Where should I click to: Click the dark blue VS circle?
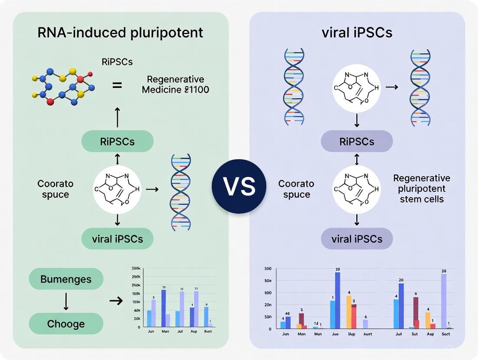point(239,186)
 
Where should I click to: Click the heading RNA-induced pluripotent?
point(120,33)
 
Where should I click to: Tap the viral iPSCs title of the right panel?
point(357,33)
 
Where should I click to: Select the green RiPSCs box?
point(117,141)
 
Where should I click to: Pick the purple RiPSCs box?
point(357,141)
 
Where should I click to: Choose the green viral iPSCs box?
point(117,238)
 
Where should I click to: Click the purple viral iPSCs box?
point(357,239)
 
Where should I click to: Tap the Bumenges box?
point(66,279)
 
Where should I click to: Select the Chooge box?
point(66,324)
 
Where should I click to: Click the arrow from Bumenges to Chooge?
point(66,301)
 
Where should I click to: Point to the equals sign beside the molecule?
point(117,85)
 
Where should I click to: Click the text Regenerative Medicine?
point(175,85)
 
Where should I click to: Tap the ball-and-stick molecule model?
point(64,85)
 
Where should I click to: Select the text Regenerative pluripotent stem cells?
point(421,189)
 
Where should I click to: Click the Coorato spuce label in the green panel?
point(55,189)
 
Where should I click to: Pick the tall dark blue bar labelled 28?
point(338,300)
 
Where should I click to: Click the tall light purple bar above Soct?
point(444,301)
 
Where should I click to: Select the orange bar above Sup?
point(349,312)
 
